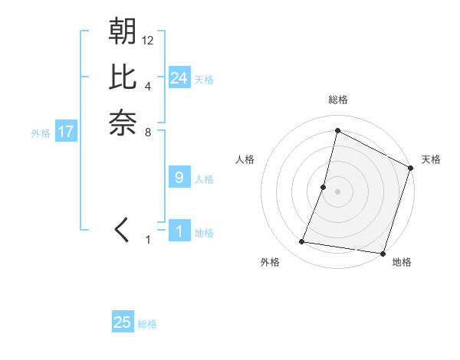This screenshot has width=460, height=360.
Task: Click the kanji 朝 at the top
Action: click(123, 32)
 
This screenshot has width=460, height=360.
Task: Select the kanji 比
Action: click(123, 77)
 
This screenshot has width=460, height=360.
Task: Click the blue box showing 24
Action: click(179, 78)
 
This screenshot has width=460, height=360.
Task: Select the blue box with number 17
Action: click(66, 132)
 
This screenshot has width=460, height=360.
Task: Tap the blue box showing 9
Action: click(179, 178)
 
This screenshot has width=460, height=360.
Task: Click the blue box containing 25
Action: click(123, 322)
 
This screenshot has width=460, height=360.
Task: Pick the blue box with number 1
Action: click(179, 231)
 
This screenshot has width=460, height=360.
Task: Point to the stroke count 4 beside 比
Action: click(148, 86)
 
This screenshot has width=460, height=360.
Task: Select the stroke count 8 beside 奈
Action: click(148, 132)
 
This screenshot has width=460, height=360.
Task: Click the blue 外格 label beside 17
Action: click(41, 133)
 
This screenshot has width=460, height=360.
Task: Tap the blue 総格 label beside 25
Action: click(147, 324)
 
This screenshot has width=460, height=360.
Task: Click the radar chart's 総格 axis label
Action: click(337, 100)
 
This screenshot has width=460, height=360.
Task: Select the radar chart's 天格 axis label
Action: click(431, 159)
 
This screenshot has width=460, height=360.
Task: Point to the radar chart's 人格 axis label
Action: click(245, 159)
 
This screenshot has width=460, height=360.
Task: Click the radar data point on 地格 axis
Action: click(383, 253)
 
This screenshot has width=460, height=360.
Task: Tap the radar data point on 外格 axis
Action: click(302, 242)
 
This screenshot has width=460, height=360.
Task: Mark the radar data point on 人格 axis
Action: click(324, 187)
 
